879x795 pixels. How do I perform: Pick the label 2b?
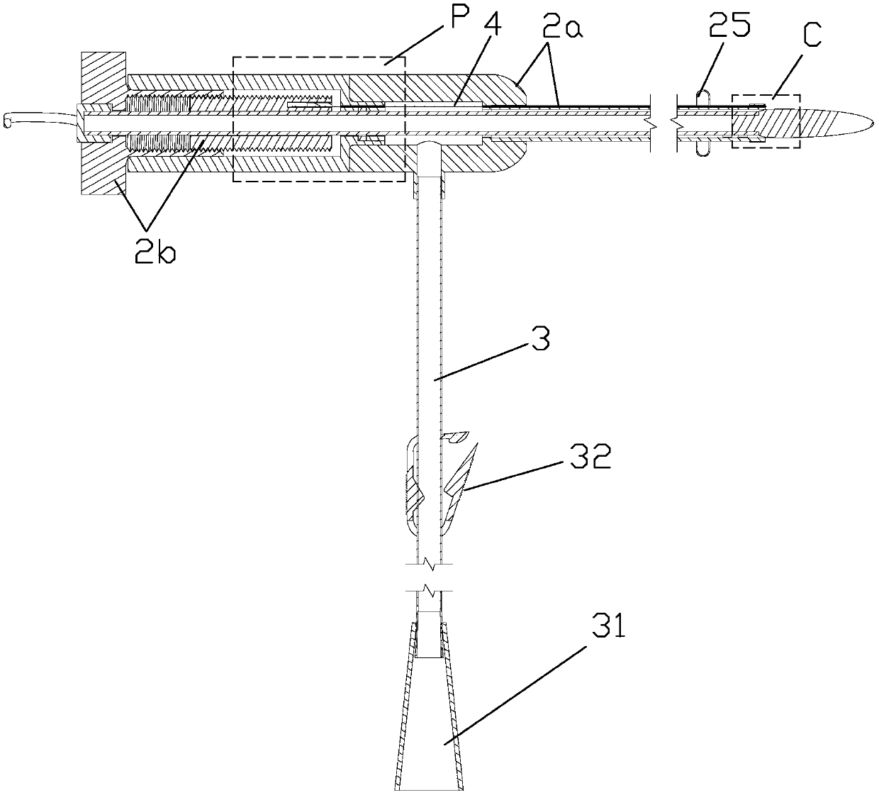tap(157, 252)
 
